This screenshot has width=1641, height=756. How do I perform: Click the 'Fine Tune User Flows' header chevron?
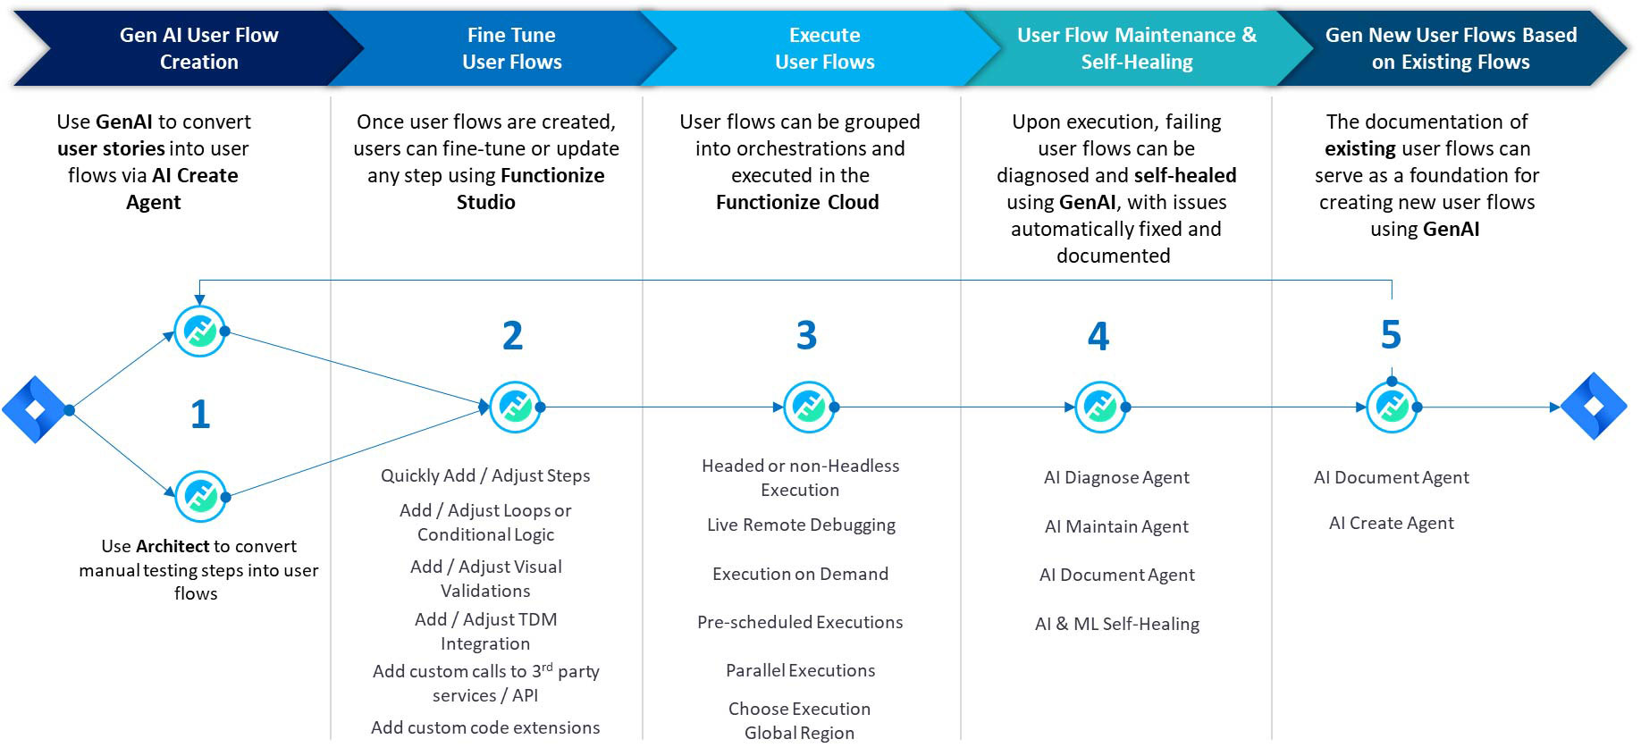click(x=511, y=48)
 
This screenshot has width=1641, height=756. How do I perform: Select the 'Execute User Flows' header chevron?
click(x=824, y=48)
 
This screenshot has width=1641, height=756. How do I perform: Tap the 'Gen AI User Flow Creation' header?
click(x=198, y=48)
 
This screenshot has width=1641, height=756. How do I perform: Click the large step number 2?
click(x=512, y=336)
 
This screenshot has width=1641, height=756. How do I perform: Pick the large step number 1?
click(x=200, y=415)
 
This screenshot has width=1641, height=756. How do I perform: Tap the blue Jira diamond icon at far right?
click(x=1594, y=407)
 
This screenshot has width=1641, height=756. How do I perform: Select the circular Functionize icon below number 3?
click(x=809, y=407)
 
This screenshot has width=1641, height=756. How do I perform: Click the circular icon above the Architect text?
click(x=200, y=496)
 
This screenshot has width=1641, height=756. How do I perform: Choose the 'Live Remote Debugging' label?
click(x=801, y=525)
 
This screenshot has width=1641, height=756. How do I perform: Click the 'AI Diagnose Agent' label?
click(x=1116, y=478)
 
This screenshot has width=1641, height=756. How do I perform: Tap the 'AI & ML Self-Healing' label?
click(x=1116, y=625)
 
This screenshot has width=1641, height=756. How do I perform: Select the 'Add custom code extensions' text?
click(x=485, y=728)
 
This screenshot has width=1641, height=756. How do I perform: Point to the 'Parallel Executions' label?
click(x=800, y=671)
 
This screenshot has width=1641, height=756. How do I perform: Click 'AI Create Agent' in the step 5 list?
click(x=1391, y=524)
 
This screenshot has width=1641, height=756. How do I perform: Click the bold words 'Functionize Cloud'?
click(x=797, y=203)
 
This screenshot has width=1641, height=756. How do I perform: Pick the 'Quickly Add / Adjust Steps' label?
click(x=485, y=476)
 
